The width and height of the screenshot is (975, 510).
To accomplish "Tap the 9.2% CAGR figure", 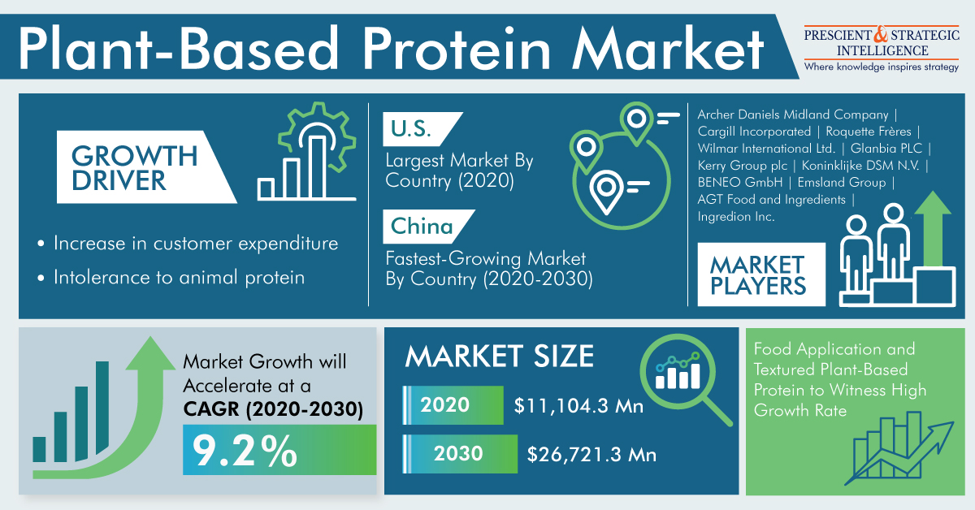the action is coord(245,452).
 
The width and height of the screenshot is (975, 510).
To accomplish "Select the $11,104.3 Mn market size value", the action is coord(578,406).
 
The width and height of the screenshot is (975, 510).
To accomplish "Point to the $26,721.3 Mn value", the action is coord(591,455).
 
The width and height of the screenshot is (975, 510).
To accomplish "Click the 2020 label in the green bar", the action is coord(445,404).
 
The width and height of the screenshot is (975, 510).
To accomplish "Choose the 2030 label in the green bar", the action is coord(458,453).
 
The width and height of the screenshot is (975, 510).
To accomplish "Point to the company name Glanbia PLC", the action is coord(886,149).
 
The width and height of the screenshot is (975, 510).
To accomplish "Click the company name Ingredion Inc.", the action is coord(736,216).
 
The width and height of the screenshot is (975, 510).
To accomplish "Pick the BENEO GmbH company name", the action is coord(740,183).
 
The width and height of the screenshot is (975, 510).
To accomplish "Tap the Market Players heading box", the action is coord(761,274).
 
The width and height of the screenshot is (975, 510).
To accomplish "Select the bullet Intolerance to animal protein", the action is coord(179,278).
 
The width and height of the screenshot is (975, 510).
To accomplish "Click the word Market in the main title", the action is coord(667,48).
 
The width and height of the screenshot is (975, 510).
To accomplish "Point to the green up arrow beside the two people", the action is coord(933,229).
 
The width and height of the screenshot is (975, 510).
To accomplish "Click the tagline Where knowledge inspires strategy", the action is coord(882,67).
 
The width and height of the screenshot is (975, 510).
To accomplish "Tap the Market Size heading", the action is coord(499,356).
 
